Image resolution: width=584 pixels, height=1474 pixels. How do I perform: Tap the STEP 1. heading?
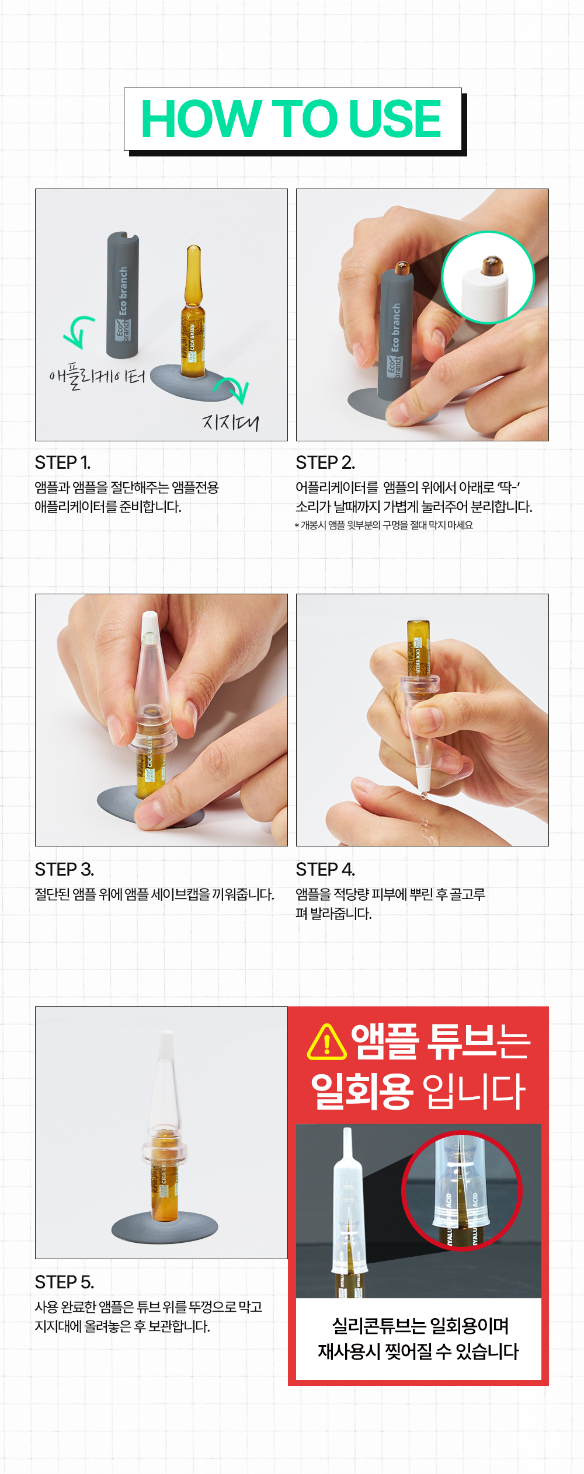[x=63, y=462]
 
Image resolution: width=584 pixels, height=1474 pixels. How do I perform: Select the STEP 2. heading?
[x=325, y=462]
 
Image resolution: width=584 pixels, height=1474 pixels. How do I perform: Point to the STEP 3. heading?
[x=64, y=869]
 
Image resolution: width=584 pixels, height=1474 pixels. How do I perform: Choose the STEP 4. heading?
[x=325, y=869]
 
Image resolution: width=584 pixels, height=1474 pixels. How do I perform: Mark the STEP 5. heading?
[x=64, y=1282]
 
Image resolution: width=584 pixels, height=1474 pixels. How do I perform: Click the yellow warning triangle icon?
[x=327, y=1042]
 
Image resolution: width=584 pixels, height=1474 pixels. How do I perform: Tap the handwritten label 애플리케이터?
[x=98, y=376]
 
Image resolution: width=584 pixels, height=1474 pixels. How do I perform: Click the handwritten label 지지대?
[x=230, y=421]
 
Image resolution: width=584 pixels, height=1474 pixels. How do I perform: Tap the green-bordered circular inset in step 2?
[x=488, y=277]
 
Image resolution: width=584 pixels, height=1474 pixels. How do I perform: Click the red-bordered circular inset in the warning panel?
[x=461, y=1191]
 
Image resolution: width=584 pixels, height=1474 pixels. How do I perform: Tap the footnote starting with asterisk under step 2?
[x=384, y=525]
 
